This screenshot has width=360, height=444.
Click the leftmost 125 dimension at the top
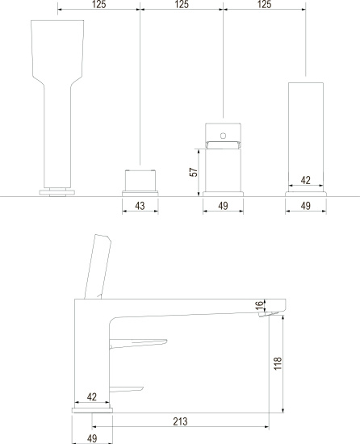pos(98,4)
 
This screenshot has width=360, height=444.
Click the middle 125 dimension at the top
pos(182,4)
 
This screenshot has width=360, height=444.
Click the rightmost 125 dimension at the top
pos(264,4)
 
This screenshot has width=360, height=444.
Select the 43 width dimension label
pos(140,206)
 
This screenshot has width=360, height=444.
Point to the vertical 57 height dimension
pos(194,172)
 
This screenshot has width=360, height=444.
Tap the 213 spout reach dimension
pos(180,421)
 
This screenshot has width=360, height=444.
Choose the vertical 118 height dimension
pos(278,363)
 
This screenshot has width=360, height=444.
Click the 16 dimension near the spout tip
pos(259,305)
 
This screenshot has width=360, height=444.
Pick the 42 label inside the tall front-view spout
pos(305,180)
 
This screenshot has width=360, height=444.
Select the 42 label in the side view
pos(92,396)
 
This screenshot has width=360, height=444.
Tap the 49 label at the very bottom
pos(92,438)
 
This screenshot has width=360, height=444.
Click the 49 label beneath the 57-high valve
pos(223,206)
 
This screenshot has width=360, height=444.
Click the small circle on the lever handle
pos(223,136)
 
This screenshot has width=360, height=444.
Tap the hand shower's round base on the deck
pos(57,193)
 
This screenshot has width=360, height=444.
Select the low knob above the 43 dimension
pos(140,180)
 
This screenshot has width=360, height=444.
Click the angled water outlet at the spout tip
pos(268,314)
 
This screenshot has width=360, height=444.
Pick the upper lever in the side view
pos(138,343)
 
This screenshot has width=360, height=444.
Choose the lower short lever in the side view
pos(126,389)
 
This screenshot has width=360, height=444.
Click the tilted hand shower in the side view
pos(98,266)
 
